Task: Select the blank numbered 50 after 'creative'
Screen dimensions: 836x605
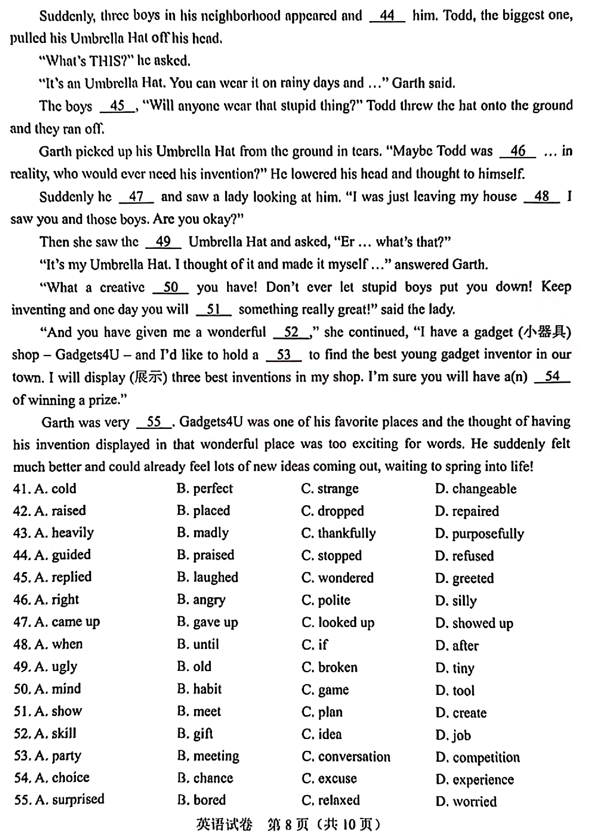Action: pyautogui.click(x=171, y=287)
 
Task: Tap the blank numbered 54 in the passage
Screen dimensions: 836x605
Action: pyautogui.click(x=552, y=376)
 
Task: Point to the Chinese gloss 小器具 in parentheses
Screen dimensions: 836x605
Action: pyautogui.click(x=545, y=332)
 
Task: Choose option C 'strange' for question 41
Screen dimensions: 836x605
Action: pyautogui.click(x=330, y=489)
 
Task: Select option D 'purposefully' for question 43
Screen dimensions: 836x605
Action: pyautogui.click(x=480, y=533)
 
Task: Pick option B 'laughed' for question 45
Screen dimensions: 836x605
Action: pyautogui.click(x=208, y=577)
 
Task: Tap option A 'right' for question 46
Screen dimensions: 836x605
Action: pyautogui.click(x=57, y=599)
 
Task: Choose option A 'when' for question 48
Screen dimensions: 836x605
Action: pyautogui.click(x=59, y=644)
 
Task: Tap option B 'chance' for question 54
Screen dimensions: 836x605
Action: pyautogui.click(x=205, y=778)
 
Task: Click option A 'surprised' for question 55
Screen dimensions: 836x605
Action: pyautogui.click(x=70, y=799)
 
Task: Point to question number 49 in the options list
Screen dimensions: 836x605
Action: pyautogui.click(x=21, y=667)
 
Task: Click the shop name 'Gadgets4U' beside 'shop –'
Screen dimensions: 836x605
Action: pyautogui.click(x=87, y=354)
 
